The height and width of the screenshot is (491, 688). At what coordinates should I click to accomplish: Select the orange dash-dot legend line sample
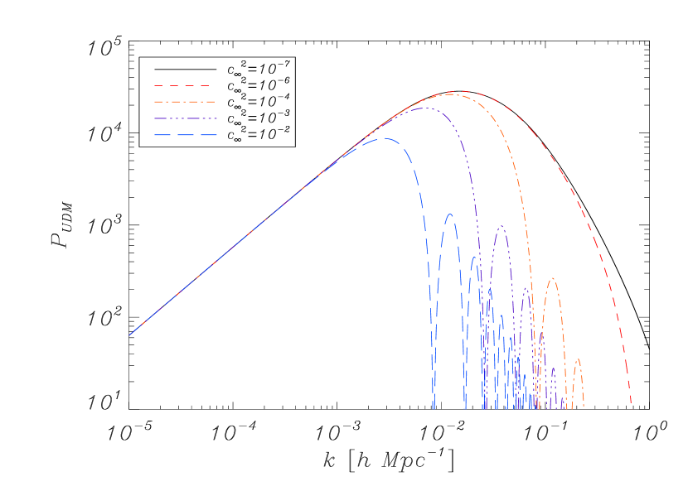pyautogui.click(x=184, y=102)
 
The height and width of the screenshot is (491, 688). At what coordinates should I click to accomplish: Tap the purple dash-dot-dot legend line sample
pyautogui.click(x=184, y=118)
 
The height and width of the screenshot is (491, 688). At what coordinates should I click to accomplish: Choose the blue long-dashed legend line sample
pyautogui.click(x=184, y=134)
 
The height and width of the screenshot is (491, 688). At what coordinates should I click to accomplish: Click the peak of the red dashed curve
pyautogui.click(x=455, y=91)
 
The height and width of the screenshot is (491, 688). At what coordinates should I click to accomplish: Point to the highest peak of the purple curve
pyautogui.click(x=423, y=108)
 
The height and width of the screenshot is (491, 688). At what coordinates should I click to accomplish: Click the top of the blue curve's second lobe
pyautogui.click(x=450, y=214)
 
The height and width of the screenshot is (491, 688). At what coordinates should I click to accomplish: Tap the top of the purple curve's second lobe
pyautogui.click(x=501, y=225)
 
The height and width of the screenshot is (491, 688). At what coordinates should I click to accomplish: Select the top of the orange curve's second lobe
pyautogui.click(x=552, y=278)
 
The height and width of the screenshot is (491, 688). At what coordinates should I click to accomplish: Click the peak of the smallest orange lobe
pyautogui.click(x=578, y=359)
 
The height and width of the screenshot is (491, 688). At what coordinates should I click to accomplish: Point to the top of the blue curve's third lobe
pyautogui.click(x=475, y=257)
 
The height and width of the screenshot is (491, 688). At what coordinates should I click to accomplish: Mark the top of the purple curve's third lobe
pyautogui.click(x=526, y=287)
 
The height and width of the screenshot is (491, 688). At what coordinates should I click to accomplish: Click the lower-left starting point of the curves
pyautogui.click(x=129, y=335)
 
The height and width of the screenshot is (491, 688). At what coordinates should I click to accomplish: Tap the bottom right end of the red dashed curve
pyautogui.click(x=632, y=408)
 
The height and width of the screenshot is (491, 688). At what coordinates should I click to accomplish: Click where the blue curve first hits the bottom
pyautogui.click(x=433, y=408)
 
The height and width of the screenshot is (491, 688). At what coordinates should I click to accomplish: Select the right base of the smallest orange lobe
pyautogui.click(x=584, y=408)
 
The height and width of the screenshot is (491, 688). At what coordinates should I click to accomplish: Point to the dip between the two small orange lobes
pyautogui.click(x=568, y=406)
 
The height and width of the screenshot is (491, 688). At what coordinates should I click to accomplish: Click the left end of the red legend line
pyautogui.click(x=154, y=85)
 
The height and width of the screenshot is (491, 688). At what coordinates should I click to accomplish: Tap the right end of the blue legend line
pyautogui.click(x=216, y=134)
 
